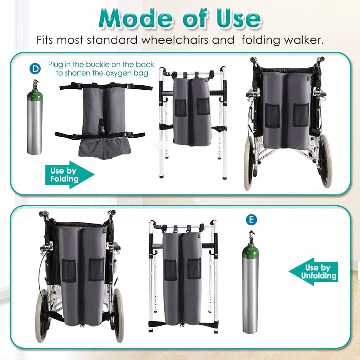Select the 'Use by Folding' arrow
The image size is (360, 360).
pos(68,175)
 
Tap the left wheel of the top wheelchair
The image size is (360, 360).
pos(248,162)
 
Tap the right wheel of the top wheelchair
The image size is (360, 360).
pos(326,160)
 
